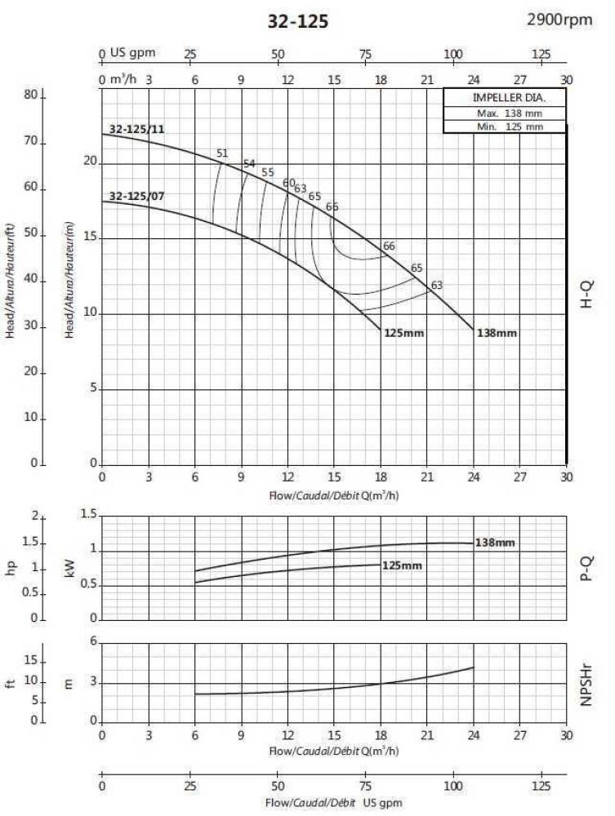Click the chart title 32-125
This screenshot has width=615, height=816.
click(x=298, y=22)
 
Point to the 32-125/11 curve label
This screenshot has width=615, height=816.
click(x=137, y=129)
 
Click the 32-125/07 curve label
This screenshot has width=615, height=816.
click(x=137, y=196)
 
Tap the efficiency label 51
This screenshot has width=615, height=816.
click(x=222, y=153)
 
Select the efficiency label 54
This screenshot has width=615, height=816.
click(x=249, y=163)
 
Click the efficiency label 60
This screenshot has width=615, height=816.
click(x=288, y=183)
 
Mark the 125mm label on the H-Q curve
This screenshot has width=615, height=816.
click(x=403, y=333)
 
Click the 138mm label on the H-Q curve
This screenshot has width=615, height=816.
click(x=497, y=333)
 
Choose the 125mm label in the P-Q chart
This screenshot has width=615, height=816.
click(x=402, y=565)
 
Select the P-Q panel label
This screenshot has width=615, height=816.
click(x=586, y=566)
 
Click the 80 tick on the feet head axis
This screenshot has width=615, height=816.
click(x=32, y=95)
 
